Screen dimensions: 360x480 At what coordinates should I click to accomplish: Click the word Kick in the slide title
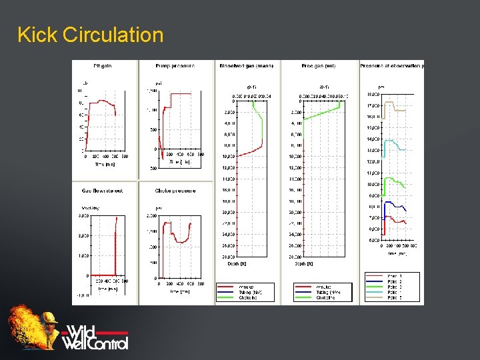pos(37,35)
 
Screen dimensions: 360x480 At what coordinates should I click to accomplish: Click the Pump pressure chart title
pos(175,65)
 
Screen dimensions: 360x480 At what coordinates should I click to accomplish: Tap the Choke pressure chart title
pos(175,191)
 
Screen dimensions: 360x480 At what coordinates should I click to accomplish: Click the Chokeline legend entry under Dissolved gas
pos(248,297)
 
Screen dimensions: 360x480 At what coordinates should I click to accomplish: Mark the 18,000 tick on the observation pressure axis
pos(373,95)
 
